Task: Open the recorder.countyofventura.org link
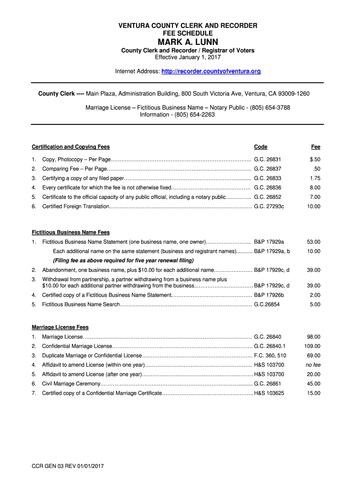[x=211, y=72]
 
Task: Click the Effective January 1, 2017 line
[x=187, y=58]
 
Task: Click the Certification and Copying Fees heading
[x=71, y=147]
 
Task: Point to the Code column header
[x=260, y=147]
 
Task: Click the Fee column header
[x=316, y=147]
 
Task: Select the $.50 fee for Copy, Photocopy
[x=315, y=160]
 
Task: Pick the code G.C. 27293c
[x=269, y=206]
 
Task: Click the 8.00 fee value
[x=315, y=188]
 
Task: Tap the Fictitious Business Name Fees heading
[x=71, y=232]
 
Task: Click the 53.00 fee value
[x=313, y=242]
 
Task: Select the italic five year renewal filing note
[x=123, y=261]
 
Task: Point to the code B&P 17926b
[x=269, y=295]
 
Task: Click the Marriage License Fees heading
[x=60, y=327]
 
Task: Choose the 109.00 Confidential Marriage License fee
[x=312, y=346]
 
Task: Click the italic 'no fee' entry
[x=313, y=365]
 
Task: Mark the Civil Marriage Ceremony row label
[x=71, y=384]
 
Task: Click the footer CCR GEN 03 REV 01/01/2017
[x=67, y=466]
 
